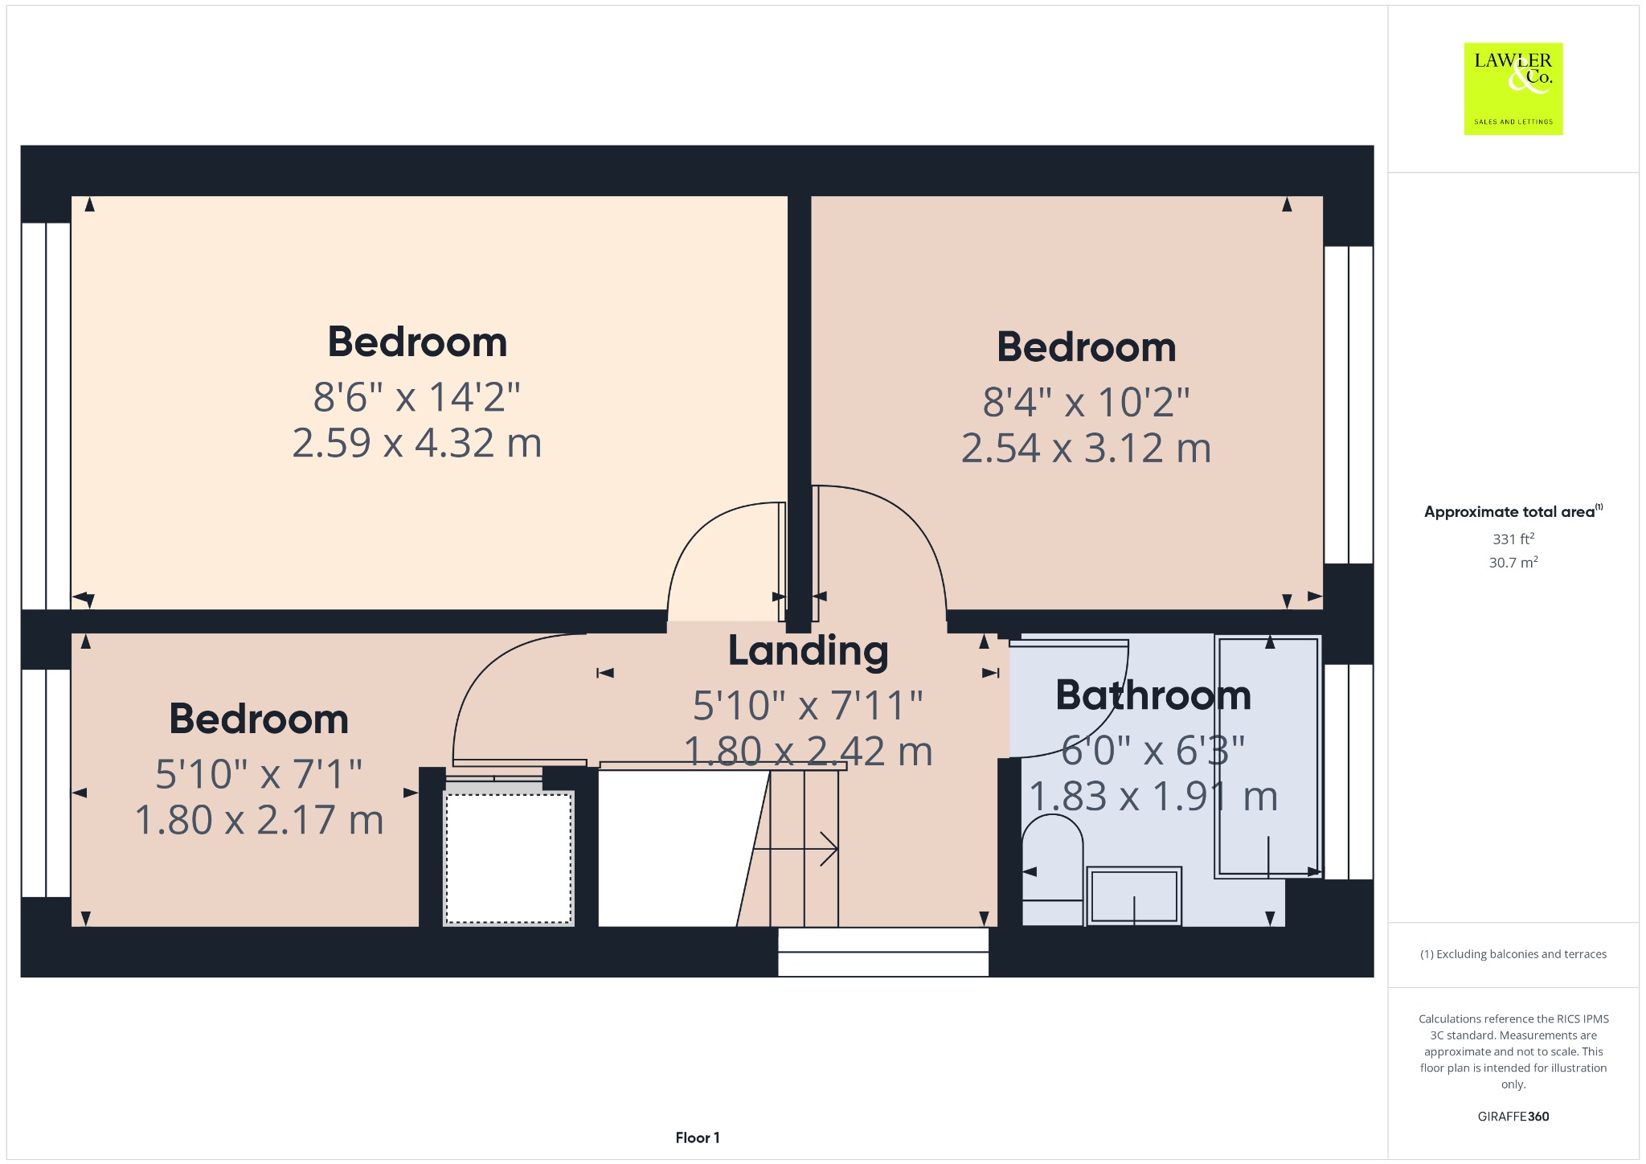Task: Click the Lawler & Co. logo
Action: coord(1513,88)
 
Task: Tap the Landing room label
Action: coord(808,652)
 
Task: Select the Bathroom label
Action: coord(1153,695)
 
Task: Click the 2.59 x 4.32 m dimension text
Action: coord(416,443)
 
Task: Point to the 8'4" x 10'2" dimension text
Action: coord(1086,402)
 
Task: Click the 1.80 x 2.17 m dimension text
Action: coord(259,821)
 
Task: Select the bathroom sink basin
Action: coord(1133,896)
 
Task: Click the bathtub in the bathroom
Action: coord(1267,756)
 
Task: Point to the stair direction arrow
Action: coord(796,849)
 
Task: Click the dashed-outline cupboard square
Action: coord(509,859)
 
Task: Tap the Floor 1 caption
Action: coord(698,1137)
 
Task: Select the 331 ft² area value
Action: coord(1513,539)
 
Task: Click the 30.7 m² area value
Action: coord(1513,562)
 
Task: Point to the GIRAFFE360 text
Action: coord(1513,1116)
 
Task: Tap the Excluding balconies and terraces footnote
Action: coord(1513,954)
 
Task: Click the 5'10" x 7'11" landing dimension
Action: coord(808,706)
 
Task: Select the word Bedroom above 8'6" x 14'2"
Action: coord(417,342)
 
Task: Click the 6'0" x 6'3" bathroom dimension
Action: coord(1153,751)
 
